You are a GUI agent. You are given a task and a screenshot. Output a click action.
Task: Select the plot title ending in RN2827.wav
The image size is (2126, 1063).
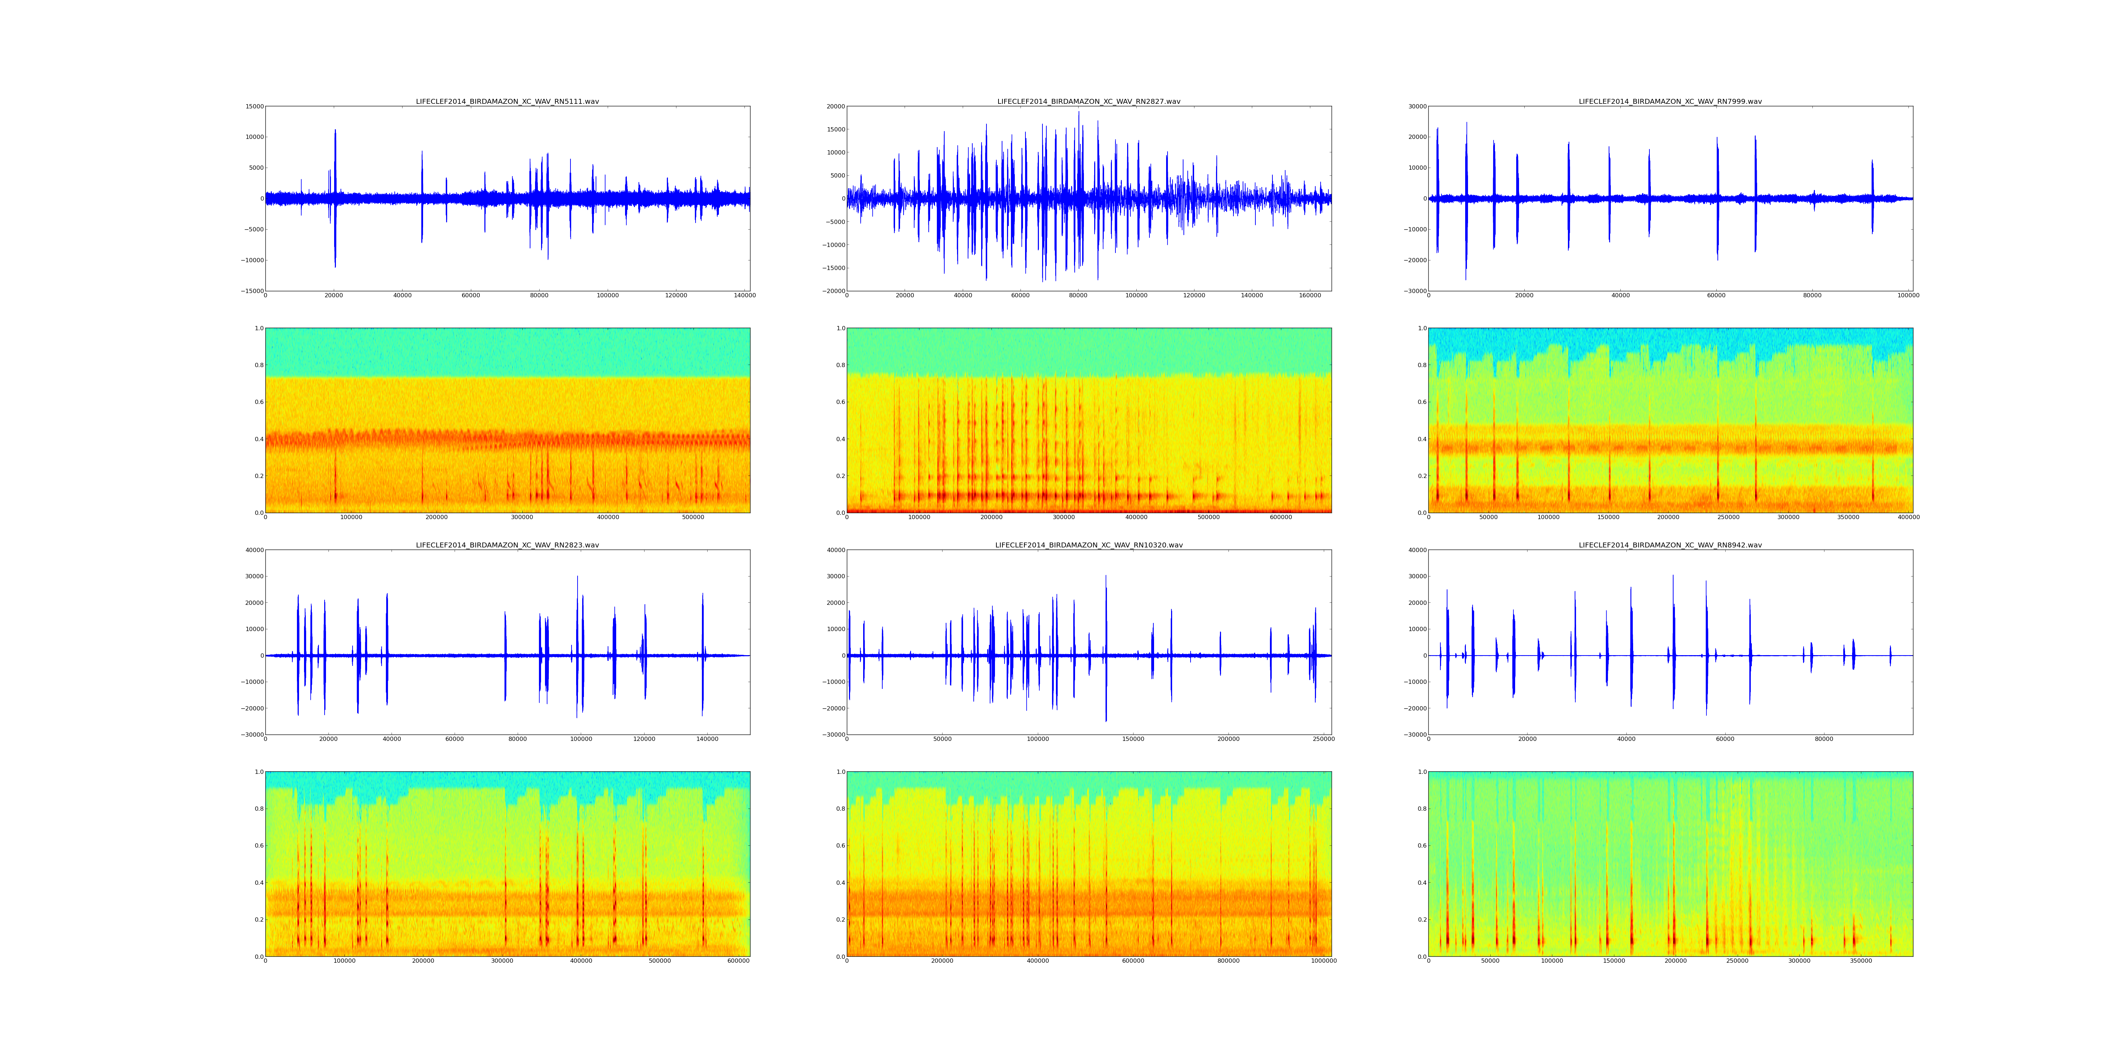[1089, 101]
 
